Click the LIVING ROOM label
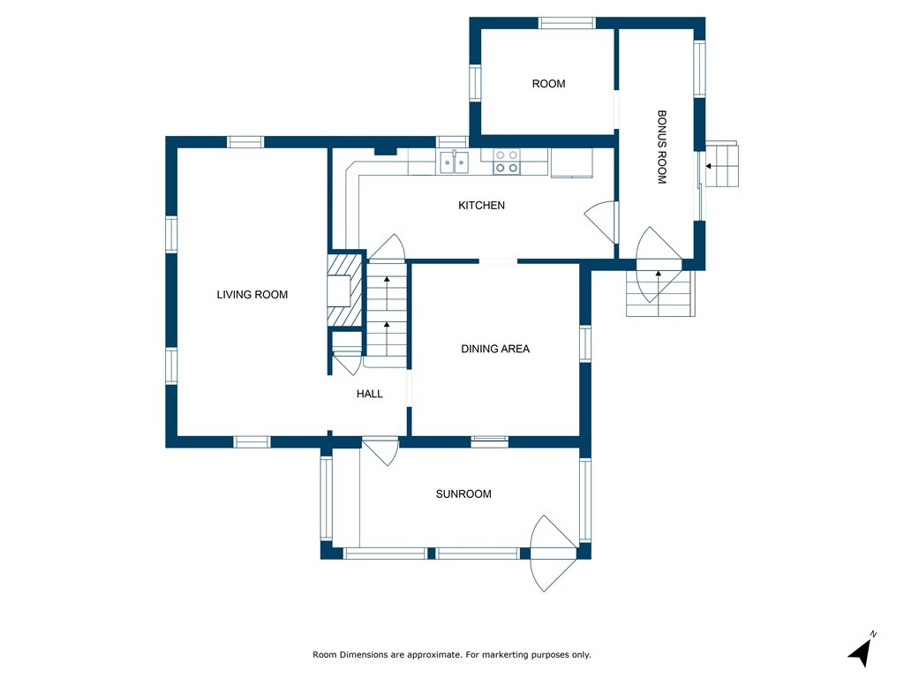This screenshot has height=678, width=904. pos(252,295)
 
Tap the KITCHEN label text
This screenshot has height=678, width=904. pos(481,205)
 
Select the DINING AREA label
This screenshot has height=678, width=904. pos(495,349)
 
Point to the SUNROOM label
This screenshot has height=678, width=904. pos(463,494)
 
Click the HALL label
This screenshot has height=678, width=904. pos(370,394)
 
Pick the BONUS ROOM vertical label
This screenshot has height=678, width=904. pos(662,147)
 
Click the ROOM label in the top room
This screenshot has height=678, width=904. pos(548,84)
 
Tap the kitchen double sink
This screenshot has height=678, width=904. pos(455,162)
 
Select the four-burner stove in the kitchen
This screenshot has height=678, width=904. pos(506,162)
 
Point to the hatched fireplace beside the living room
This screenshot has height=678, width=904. pos(345,291)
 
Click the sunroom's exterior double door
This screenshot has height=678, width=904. pos(554,553)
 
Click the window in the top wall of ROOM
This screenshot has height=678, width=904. pos(567,22)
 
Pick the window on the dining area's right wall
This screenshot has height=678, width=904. pos(585,343)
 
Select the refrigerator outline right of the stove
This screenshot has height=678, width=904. pos(571,162)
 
